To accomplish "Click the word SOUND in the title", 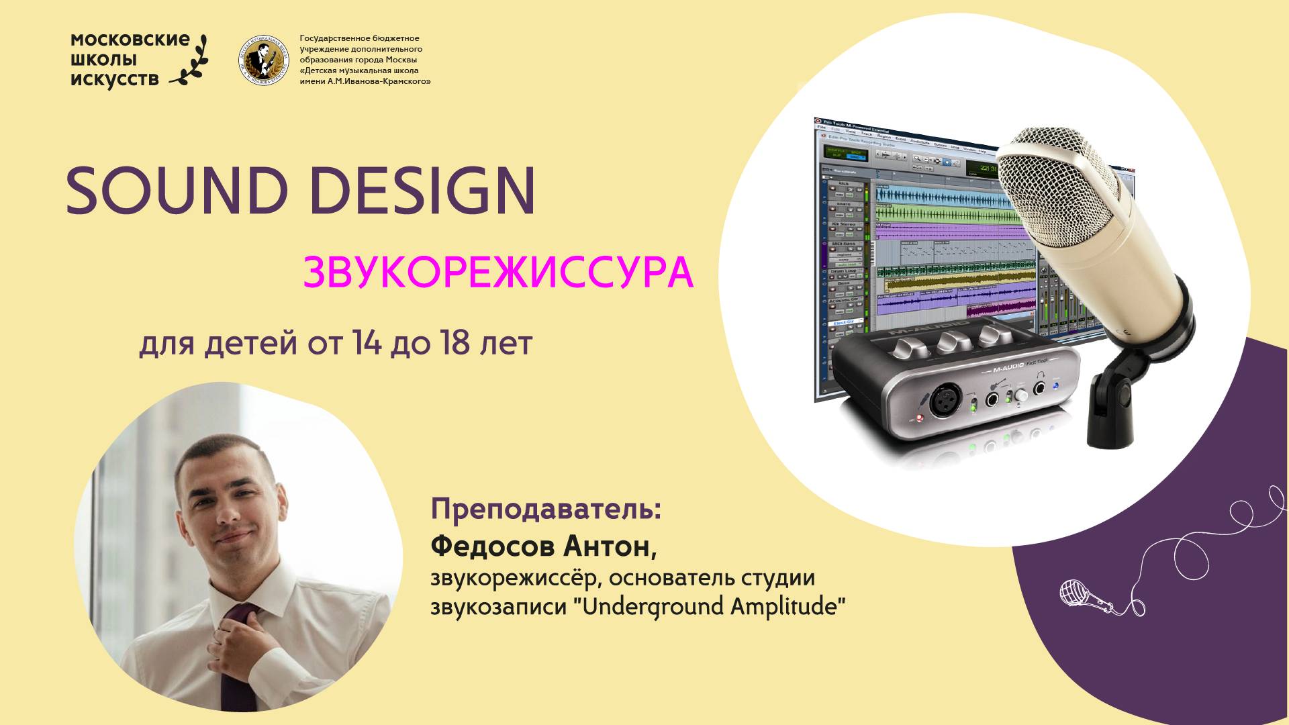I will click(177, 191).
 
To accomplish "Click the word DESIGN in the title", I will click(422, 191).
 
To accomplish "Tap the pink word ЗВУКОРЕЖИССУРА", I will click(497, 272).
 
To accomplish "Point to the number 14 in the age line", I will click(367, 344).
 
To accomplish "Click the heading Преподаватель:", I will click(546, 509).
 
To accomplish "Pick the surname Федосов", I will click(492, 546).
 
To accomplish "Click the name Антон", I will click(609, 546).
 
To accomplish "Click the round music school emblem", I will click(265, 61).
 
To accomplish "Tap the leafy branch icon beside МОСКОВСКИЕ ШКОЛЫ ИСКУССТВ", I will click(190, 60).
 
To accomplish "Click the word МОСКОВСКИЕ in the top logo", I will click(130, 40).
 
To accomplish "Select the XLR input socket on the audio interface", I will click(942, 401).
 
